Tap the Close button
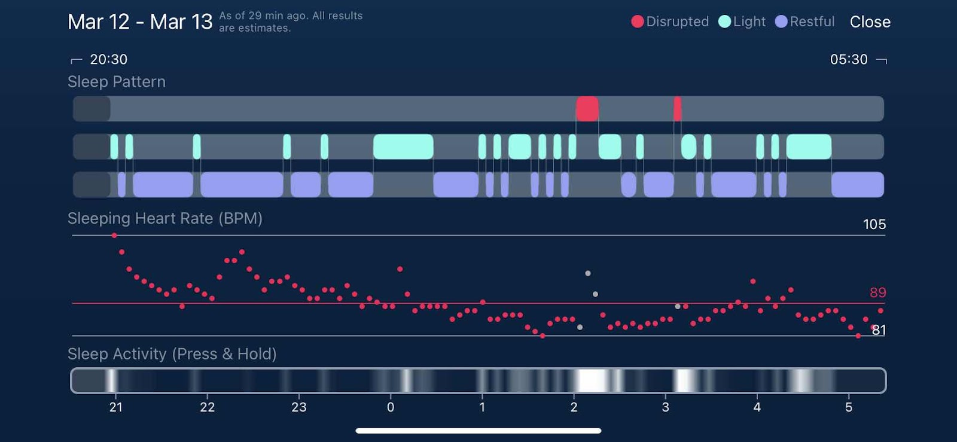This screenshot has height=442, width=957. (870, 22)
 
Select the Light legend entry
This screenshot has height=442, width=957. (742, 22)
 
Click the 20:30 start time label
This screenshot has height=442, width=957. (108, 59)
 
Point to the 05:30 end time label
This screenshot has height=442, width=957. (848, 59)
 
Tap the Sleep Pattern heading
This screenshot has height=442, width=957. (117, 82)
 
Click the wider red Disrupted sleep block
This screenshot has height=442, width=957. (587, 109)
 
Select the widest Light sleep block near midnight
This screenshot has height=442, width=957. (403, 147)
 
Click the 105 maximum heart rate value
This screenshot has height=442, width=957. (874, 224)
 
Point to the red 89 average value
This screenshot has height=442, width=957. (877, 292)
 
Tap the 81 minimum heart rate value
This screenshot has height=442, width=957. (879, 330)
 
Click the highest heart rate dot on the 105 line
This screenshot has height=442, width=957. (114, 236)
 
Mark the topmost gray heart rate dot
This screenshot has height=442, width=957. (588, 273)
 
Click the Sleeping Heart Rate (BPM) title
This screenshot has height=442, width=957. (165, 218)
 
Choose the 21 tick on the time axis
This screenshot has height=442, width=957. (116, 407)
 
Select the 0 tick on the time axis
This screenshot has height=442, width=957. (391, 407)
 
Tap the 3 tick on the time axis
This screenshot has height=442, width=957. (665, 407)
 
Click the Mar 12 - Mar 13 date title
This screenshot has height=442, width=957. (140, 22)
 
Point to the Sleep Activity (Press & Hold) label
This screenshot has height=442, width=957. (172, 354)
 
